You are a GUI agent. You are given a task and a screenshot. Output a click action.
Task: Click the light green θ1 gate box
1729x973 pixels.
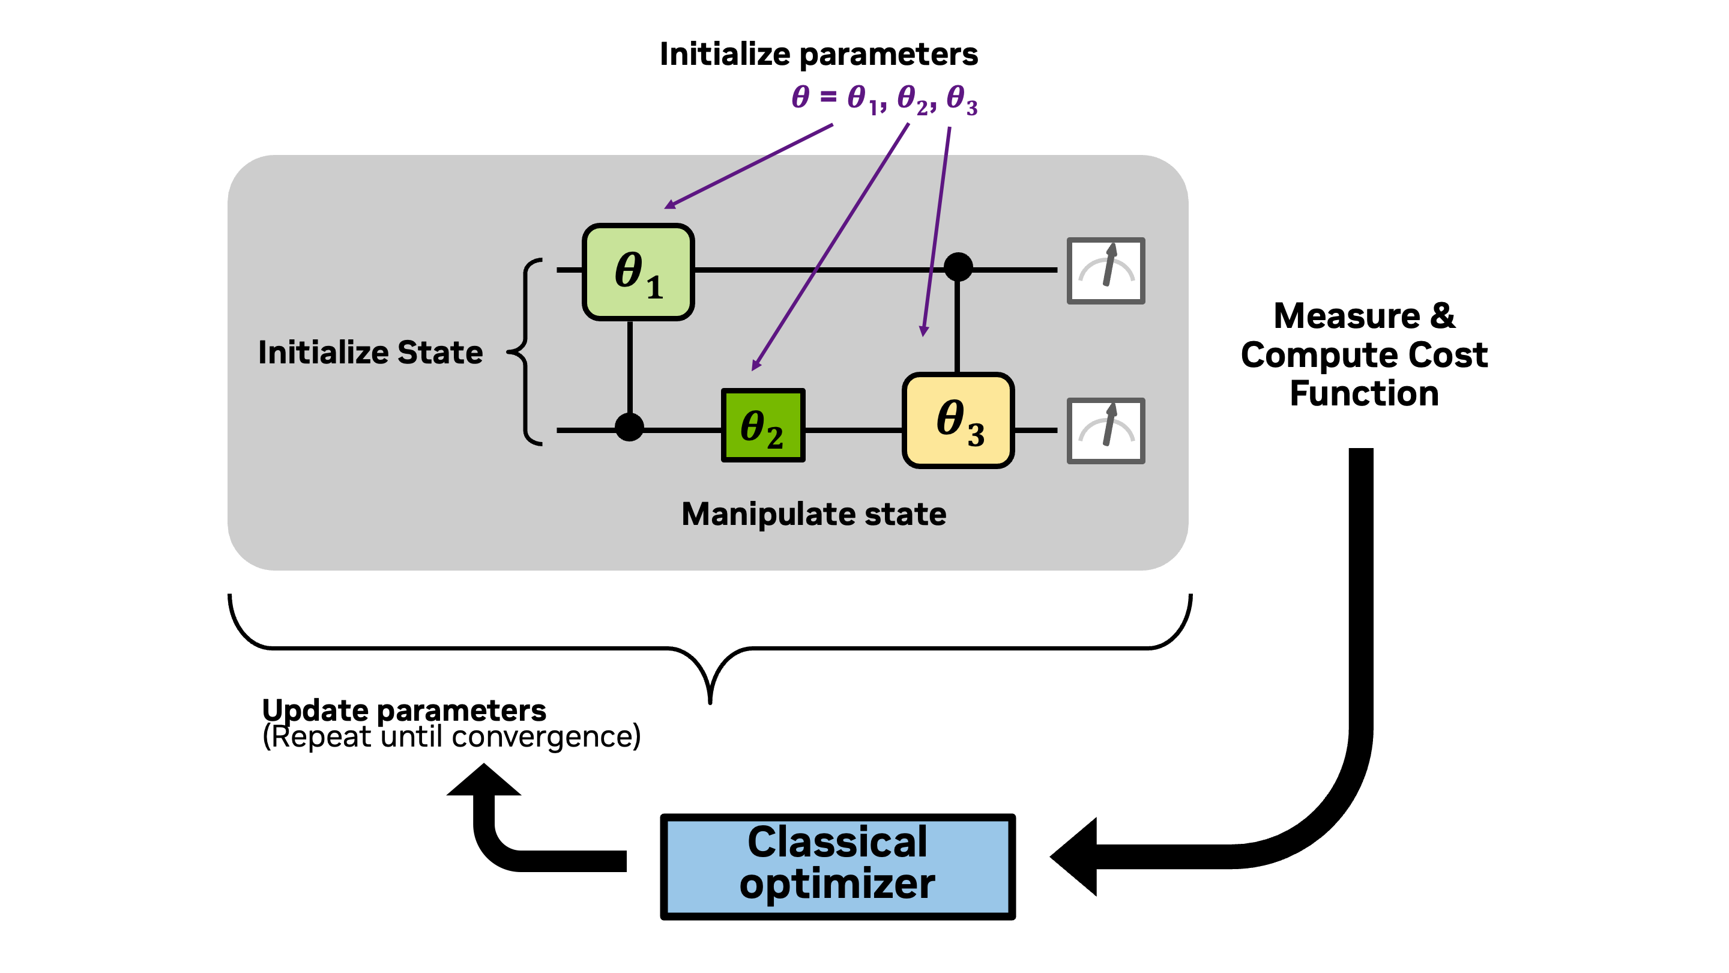[638, 272]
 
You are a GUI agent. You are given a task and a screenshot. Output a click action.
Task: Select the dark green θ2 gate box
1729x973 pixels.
[762, 426]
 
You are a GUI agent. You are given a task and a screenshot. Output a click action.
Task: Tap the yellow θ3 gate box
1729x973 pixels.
[958, 420]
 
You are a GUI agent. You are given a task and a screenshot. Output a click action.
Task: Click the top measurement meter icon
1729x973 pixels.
[1105, 271]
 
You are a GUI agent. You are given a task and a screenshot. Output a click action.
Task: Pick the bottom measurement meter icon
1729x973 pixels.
[1105, 431]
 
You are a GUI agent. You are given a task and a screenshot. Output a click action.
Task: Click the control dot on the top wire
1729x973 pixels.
[958, 267]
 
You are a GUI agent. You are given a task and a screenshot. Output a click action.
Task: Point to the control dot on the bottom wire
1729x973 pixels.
[629, 427]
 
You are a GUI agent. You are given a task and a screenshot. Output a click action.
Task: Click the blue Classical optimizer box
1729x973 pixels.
[837, 866]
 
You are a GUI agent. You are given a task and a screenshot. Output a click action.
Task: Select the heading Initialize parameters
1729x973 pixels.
[818, 55]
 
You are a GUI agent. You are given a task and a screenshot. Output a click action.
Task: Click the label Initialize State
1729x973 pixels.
[370, 353]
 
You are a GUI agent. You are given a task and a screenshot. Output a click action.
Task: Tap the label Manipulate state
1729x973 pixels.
[813, 514]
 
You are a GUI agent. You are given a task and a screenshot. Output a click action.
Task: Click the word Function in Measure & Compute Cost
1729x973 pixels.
[1364, 393]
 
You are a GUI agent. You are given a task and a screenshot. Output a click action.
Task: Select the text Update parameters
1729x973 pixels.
[403, 710]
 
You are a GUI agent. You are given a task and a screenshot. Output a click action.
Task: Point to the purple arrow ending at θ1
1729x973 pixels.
[749, 166]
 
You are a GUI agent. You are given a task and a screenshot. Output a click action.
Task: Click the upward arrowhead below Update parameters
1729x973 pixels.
[483, 781]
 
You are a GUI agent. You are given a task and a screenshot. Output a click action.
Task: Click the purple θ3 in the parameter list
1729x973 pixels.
[961, 99]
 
